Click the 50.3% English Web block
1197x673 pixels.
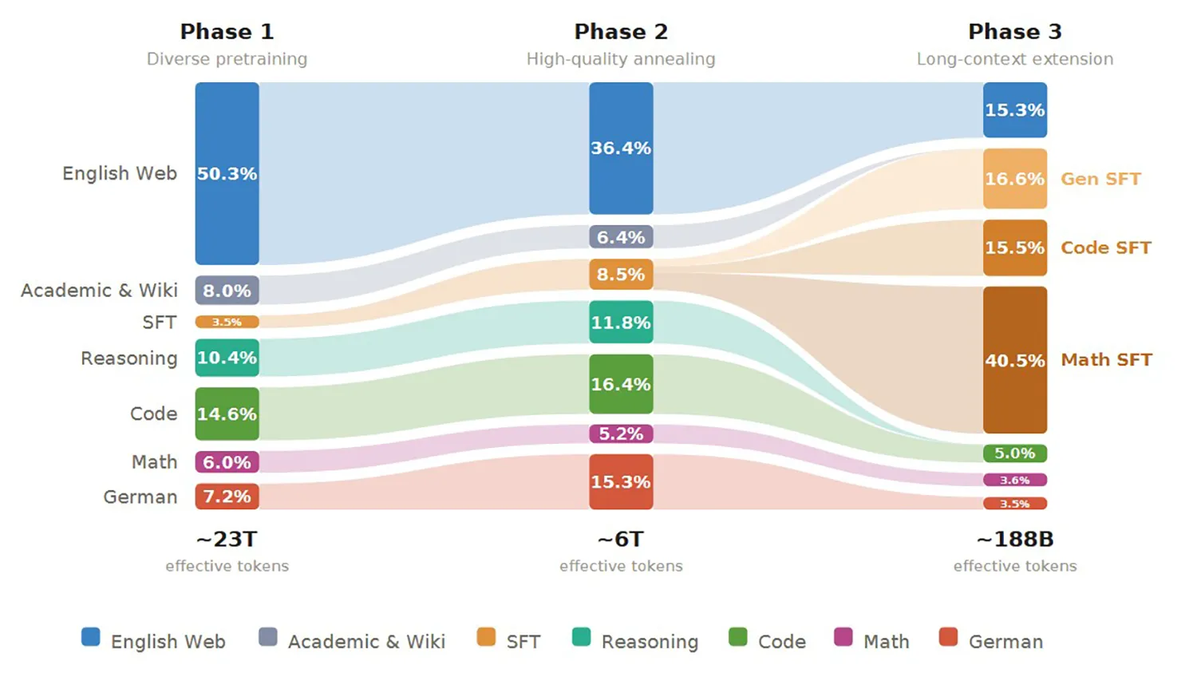227,173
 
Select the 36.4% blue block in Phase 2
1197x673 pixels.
621,148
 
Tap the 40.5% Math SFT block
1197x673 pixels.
1015,360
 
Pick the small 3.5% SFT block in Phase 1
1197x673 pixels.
227,322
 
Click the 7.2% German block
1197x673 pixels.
227,496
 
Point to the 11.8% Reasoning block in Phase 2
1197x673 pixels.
621,322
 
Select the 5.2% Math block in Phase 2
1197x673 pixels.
621,433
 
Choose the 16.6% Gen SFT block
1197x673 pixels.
1015,179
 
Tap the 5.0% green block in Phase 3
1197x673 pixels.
1015,453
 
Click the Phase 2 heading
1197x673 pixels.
621,32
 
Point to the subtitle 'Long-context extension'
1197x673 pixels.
1015,59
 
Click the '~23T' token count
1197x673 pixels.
227,539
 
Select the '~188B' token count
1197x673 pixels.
1015,539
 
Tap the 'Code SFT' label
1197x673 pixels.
1105,247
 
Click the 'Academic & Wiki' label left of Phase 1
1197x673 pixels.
99,291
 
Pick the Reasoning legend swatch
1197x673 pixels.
581,637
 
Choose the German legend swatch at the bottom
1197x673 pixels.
948,637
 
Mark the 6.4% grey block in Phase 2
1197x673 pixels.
621,237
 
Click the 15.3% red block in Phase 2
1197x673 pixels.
621,481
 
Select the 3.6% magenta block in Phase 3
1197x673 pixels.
1015,480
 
